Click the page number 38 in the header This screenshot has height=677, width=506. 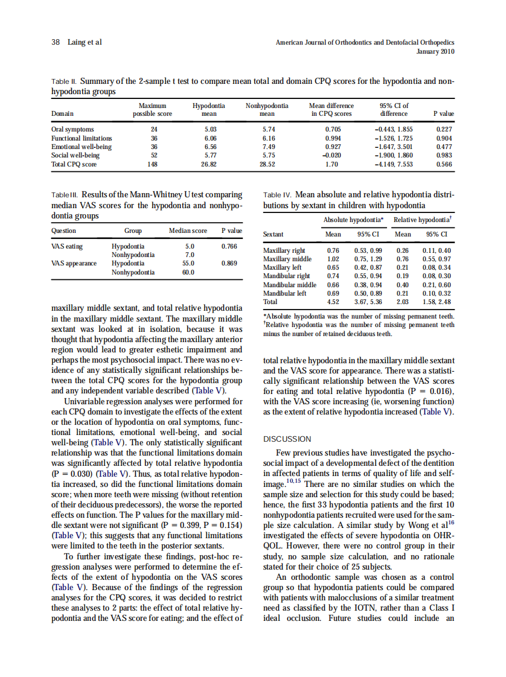tap(55, 42)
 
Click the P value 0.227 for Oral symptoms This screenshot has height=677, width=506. tap(444, 129)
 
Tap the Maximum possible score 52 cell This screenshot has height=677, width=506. tap(153, 155)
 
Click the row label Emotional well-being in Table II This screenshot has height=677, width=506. tap(81, 147)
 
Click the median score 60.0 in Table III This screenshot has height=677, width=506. tap(190, 272)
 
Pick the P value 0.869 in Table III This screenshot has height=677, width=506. tap(229, 263)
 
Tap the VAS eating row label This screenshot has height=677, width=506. tap(67, 246)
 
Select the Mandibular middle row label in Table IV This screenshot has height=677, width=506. tap(290, 285)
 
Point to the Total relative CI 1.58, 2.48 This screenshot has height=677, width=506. tap(436, 302)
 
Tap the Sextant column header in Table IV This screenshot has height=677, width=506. tap(274, 235)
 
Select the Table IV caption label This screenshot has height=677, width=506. tap(278, 195)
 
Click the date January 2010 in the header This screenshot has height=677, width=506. tap(435, 51)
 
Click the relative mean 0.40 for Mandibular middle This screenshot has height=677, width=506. tap(402, 285)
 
